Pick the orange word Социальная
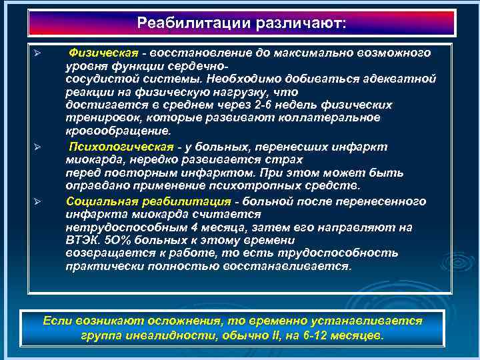97,201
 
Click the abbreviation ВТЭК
81,240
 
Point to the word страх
287,160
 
